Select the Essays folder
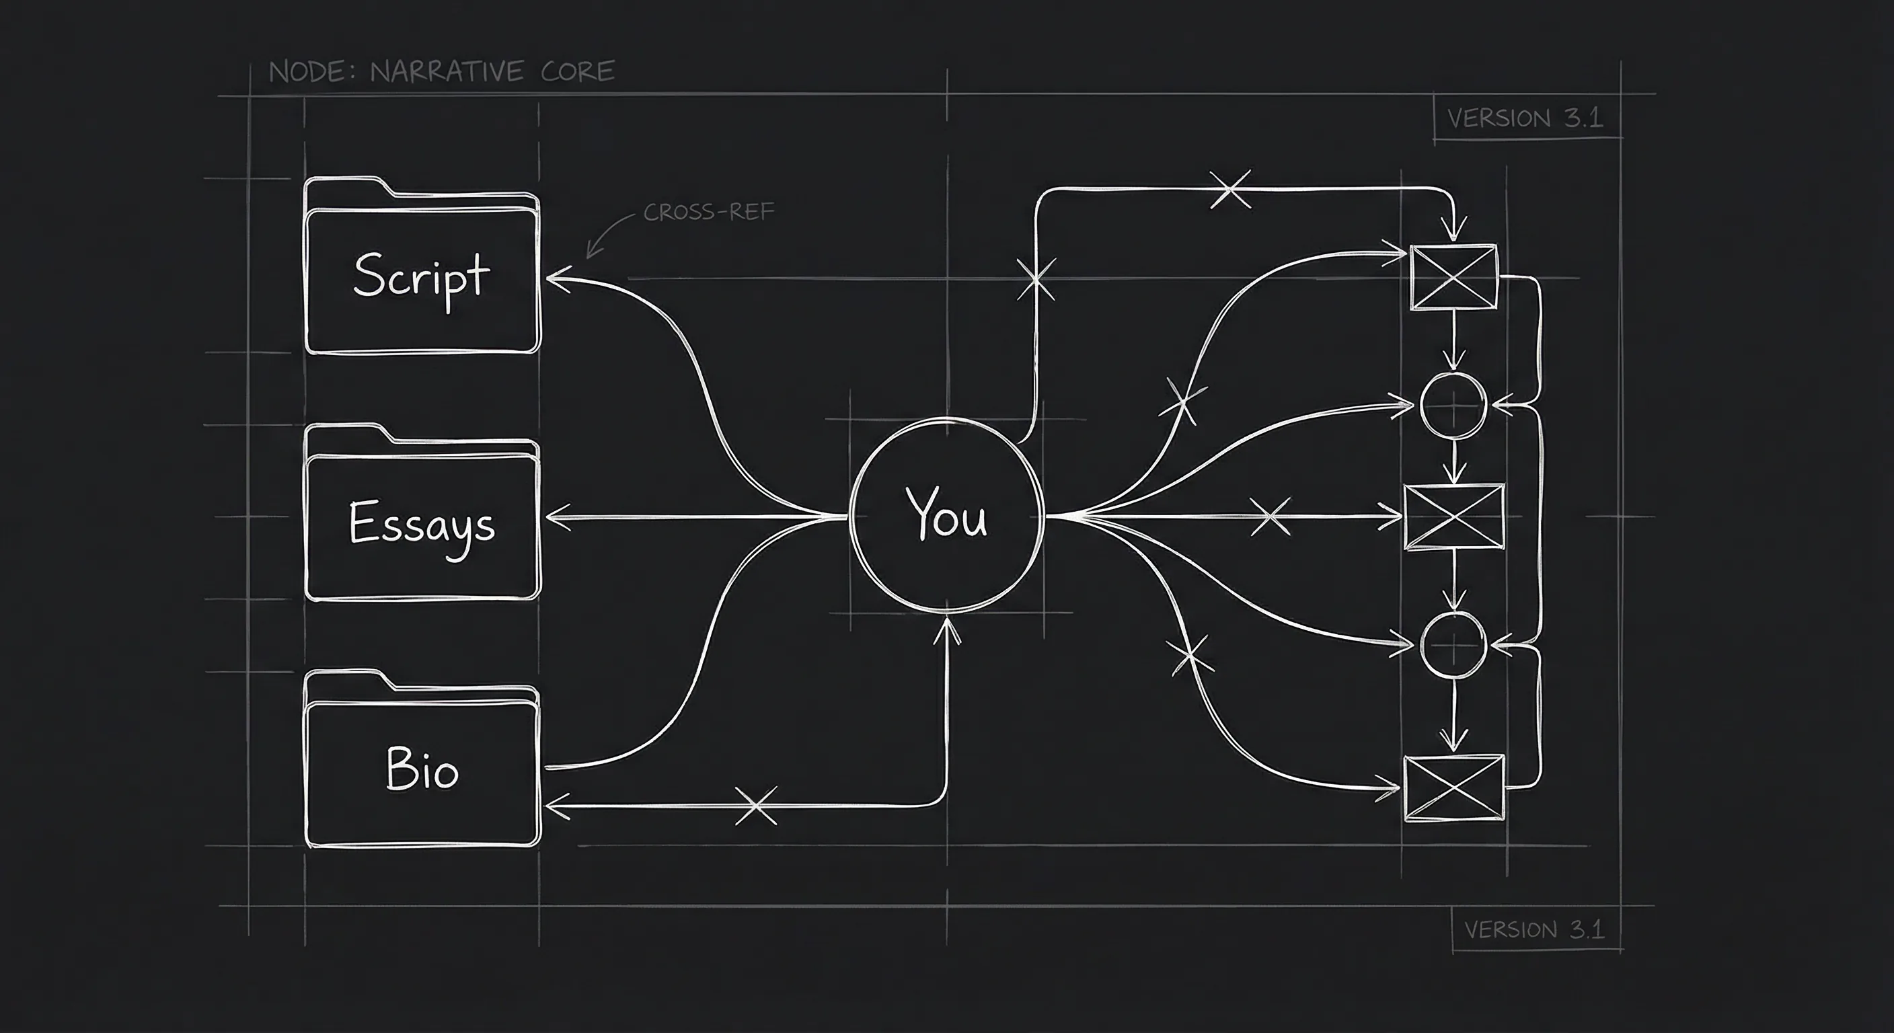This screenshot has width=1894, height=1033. [422, 512]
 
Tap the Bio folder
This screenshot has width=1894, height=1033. [422, 759]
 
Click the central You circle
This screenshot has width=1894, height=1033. [946, 514]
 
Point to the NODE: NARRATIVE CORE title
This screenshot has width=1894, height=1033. [441, 71]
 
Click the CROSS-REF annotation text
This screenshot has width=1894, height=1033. [709, 212]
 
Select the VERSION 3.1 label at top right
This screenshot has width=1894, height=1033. [1525, 118]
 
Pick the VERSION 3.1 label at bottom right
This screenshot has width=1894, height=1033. [1533, 929]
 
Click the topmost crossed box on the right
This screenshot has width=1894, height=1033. [1453, 277]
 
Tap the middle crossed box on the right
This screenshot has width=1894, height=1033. [1454, 517]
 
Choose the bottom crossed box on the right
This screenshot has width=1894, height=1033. [1454, 788]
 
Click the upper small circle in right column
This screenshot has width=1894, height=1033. [1453, 405]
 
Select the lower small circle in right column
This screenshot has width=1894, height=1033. [1453, 646]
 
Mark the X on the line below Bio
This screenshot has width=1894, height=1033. [756, 806]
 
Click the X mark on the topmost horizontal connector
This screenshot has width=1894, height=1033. [1230, 189]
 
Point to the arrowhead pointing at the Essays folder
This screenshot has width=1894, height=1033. [558, 517]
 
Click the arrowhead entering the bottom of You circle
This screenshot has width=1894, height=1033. [947, 630]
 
